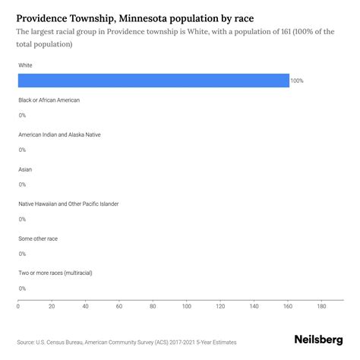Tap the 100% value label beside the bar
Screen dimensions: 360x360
click(x=297, y=81)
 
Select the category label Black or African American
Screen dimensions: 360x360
click(x=49, y=100)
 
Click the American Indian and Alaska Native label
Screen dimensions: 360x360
click(x=59, y=134)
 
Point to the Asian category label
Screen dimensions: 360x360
click(x=25, y=169)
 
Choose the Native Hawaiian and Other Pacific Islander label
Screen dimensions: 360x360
click(x=68, y=204)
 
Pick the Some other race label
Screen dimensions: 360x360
click(x=38, y=238)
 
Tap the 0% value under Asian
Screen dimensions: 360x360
click(x=22, y=185)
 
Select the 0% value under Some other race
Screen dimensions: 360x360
click(x=22, y=254)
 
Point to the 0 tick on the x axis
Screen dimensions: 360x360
click(x=18, y=307)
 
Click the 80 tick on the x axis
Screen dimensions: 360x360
click(x=153, y=307)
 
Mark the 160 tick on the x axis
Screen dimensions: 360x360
click(x=289, y=307)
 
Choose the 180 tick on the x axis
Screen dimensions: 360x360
click(x=322, y=307)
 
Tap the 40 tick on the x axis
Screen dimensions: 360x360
click(x=86, y=307)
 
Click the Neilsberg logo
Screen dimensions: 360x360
click(x=317, y=341)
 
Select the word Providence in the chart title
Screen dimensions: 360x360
click(x=49, y=16)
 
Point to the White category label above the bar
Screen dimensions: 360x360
click(x=26, y=65)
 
